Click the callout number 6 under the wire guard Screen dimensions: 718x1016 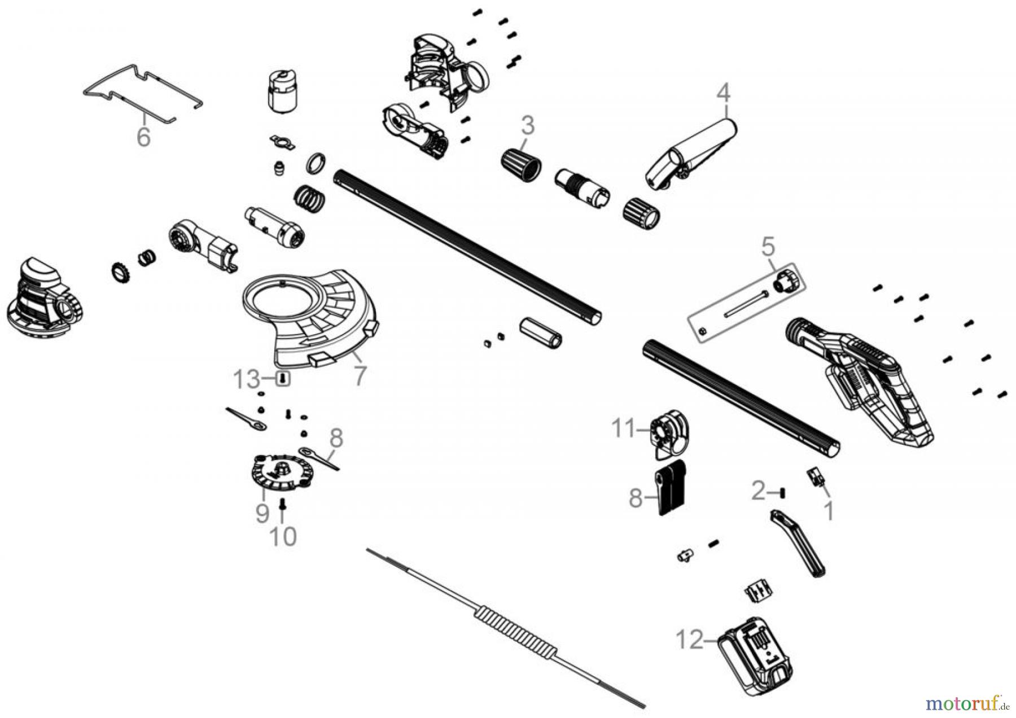pyautogui.click(x=144, y=137)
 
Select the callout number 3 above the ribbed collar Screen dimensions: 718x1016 pyautogui.click(x=527, y=125)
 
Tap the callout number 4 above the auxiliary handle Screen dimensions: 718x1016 pyautogui.click(x=724, y=93)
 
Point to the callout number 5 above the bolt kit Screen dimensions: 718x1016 pyautogui.click(x=768, y=247)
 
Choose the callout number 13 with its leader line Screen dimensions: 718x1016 pyautogui.click(x=247, y=380)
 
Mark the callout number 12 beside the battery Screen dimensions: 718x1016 pyautogui.click(x=690, y=641)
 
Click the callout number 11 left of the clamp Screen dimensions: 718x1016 pyautogui.click(x=624, y=429)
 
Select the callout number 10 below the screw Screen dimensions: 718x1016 pyautogui.click(x=283, y=537)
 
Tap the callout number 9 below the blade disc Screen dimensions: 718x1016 pyautogui.click(x=262, y=513)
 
